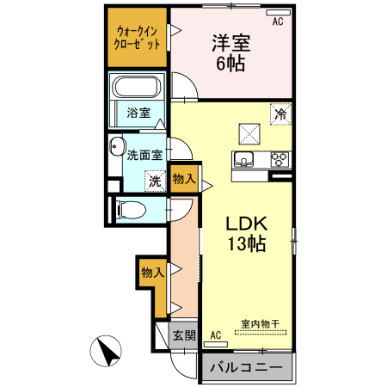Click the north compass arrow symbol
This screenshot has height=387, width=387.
tap(107, 351)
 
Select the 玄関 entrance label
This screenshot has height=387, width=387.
tap(183, 335)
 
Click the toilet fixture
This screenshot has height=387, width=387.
tap(130, 208)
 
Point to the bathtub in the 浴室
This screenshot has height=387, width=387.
tap(137, 89)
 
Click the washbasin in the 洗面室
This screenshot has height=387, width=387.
tap(117, 149)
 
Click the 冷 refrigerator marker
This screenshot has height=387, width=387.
tap(279, 112)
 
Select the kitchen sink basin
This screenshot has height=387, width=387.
tap(244, 159)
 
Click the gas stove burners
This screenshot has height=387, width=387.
tap(279, 159)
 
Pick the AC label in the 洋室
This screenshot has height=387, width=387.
tap(277, 22)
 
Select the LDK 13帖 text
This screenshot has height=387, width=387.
tap(248, 232)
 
